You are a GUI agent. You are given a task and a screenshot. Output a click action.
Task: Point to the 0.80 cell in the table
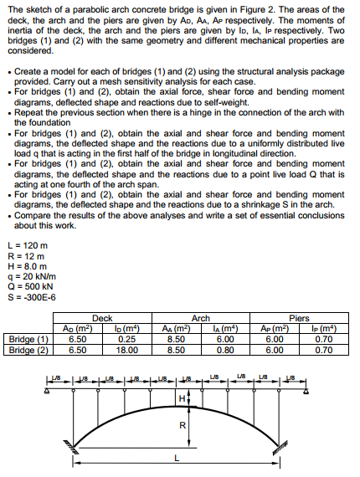[224, 349]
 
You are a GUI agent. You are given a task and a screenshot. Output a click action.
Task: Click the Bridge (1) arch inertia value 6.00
[224, 338]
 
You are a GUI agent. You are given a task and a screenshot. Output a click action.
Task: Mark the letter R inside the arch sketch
[182, 424]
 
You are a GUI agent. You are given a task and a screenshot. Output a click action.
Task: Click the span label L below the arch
[176, 457]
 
